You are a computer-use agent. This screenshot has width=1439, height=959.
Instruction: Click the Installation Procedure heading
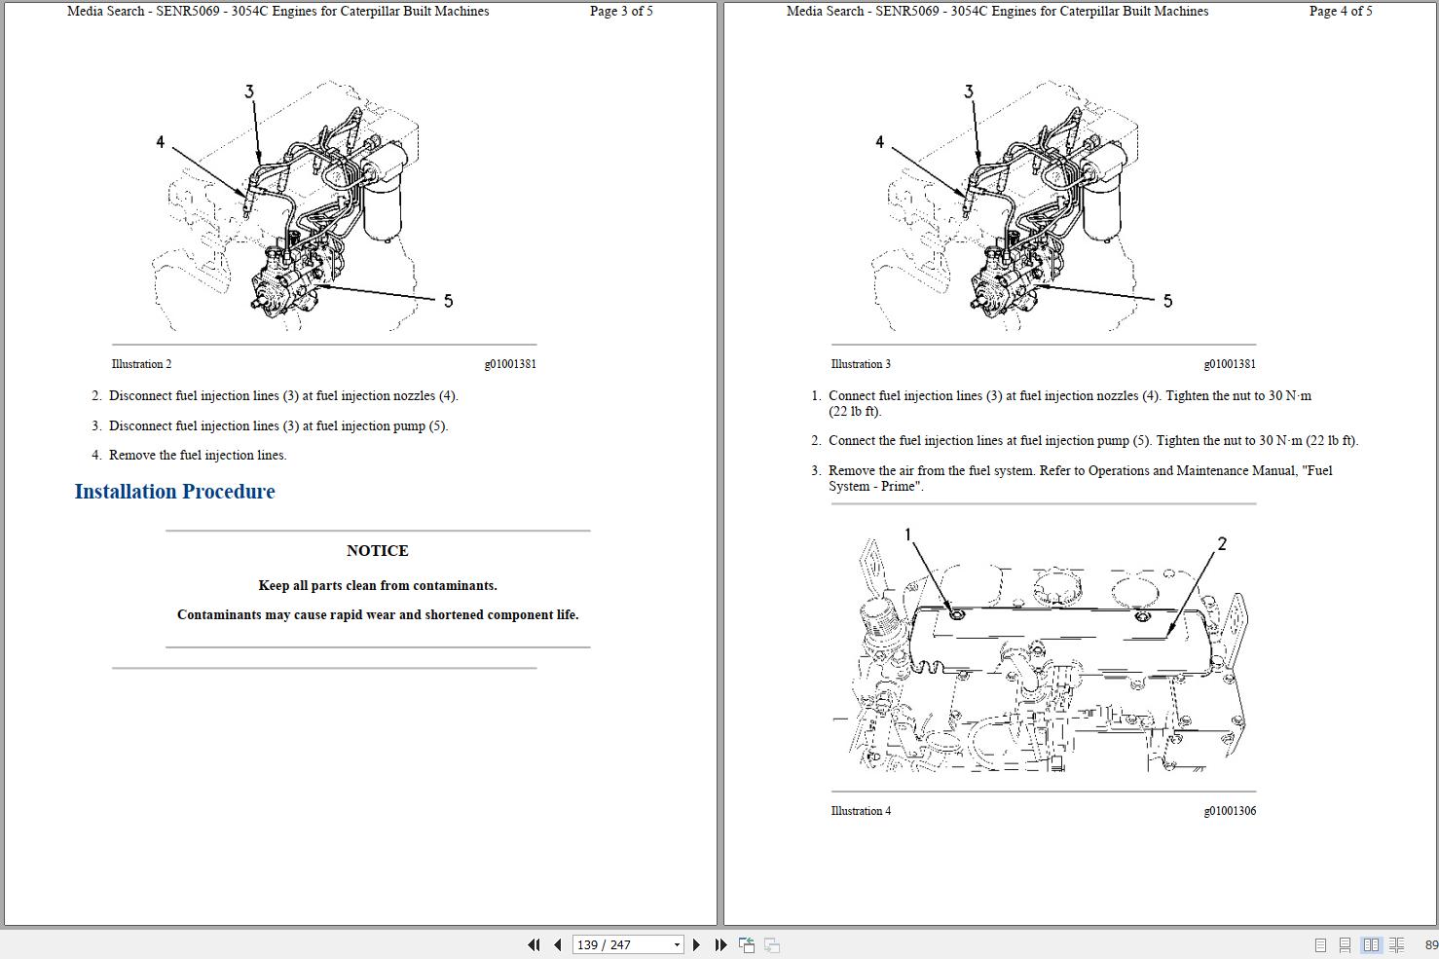point(175,492)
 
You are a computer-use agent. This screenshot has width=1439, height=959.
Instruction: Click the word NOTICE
point(378,551)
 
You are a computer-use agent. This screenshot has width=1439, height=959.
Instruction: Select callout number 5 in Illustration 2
point(448,301)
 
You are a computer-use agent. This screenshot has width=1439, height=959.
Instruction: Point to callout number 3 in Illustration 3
point(968,92)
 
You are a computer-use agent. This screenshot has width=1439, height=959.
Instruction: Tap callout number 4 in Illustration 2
point(161,142)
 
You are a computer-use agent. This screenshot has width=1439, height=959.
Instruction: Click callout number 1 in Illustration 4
point(908,535)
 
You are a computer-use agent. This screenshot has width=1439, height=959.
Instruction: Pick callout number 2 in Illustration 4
point(1222,544)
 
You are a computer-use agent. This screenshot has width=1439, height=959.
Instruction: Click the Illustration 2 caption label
point(141,364)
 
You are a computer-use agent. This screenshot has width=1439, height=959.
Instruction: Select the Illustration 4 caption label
point(861,811)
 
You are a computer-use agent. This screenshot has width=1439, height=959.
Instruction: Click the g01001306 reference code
point(1229,811)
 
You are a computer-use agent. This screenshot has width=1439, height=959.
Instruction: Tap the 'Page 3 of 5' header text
point(621,12)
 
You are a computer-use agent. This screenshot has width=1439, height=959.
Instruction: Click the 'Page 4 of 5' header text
point(1341,12)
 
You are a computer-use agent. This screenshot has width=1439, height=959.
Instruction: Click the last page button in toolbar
point(720,944)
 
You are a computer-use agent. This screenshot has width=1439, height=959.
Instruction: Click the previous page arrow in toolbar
point(558,944)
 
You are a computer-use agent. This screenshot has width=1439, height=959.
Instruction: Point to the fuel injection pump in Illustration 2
point(287,282)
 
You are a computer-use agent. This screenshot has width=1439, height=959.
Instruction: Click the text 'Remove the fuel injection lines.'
point(198,456)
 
